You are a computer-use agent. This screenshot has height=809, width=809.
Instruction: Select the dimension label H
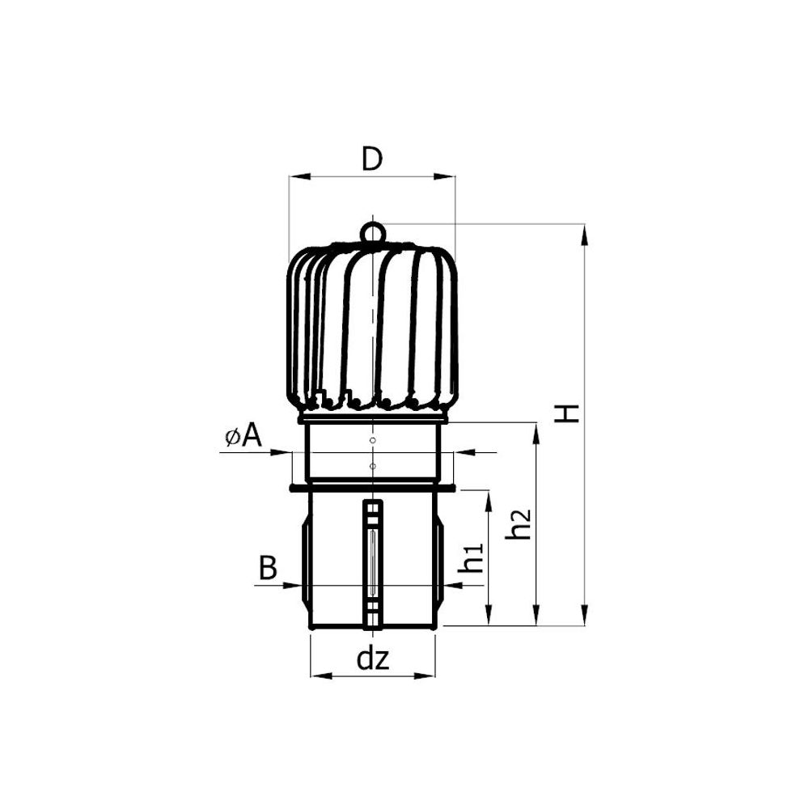pos(566,413)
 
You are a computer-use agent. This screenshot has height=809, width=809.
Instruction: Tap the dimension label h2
pos(519,524)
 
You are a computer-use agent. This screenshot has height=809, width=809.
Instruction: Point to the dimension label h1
pos(472,557)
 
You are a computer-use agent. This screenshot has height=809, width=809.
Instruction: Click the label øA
pos(244,437)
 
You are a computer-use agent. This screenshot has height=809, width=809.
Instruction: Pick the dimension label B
pos(268,568)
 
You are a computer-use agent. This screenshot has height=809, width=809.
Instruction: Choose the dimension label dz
pos(372,659)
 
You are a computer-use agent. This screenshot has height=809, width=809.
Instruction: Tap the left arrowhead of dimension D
pos(299,177)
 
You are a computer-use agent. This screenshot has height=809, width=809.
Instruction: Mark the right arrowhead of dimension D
pos(445,177)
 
